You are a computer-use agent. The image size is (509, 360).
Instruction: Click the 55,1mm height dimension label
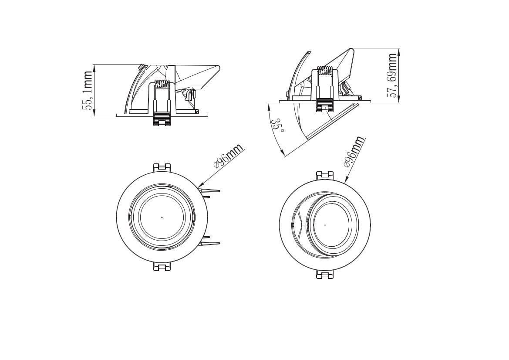click(x=88, y=91)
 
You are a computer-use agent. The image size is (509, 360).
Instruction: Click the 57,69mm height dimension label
click(x=392, y=76)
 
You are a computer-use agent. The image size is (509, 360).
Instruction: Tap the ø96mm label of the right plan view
click(x=354, y=152)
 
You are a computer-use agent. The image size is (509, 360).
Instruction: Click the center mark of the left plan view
click(x=162, y=217)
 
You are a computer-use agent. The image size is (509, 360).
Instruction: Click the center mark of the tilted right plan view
click(x=325, y=225)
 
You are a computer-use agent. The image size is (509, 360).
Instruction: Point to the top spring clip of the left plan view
click(x=162, y=168)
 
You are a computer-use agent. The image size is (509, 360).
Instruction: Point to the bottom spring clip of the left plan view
click(x=162, y=266)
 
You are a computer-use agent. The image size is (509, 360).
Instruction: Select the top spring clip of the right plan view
click(x=325, y=176)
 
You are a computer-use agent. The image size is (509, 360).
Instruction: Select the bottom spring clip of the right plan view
click(x=325, y=274)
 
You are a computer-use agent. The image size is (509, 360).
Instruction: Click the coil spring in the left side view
click(x=162, y=84)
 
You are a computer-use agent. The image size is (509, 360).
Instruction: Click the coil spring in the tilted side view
click(x=325, y=71)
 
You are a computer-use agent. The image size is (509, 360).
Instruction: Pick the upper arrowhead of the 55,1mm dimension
click(x=94, y=68)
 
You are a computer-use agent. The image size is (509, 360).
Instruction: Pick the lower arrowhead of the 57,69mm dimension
click(x=399, y=99)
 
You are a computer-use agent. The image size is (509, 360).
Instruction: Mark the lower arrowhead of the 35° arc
click(x=282, y=153)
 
